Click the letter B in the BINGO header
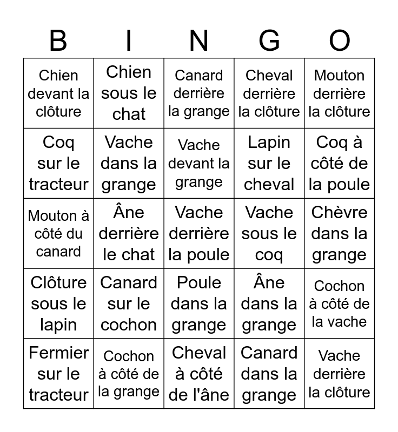[58, 41]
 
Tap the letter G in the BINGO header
[269, 41]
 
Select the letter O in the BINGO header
[340, 41]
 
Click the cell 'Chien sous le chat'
[129, 93]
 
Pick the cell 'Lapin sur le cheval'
[269, 163]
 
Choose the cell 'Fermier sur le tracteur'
[58, 374]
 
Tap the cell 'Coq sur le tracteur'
[58, 163]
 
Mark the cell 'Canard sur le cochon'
[129, 303]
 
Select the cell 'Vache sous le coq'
[269, 233]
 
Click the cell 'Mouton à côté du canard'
[58, 233]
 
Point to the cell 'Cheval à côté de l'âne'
[199, 374]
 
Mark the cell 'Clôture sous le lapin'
[58, 303]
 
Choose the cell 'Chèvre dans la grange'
[340, 233]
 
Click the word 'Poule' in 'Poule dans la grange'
[199, 283]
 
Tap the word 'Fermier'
[58, 353]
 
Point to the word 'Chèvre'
[340, 212]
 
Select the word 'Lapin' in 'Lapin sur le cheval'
[269, 143]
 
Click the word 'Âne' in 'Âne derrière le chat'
[129, 212]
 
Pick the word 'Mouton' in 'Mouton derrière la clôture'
[340, 76]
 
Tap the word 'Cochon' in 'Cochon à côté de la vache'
[340, 286]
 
